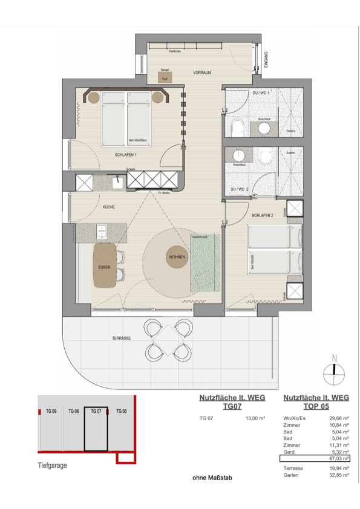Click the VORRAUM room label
click(x=202, y=73)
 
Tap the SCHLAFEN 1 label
click(x=126, y=155)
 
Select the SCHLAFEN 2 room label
click(x=263, y=215)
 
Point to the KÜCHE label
click(x=109, y=207)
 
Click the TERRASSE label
click(x=122, y=339)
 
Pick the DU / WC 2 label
click(x=241, y=190)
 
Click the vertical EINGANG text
click(x=266, y=59)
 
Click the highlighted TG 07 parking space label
click(x=96, y=411)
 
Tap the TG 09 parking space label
click(x=51, y=411)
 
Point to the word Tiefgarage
click(x=51, y=467)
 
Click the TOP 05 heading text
click(x=316, y=407)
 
